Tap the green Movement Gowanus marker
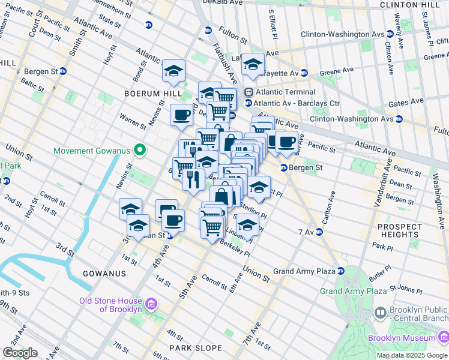tap(140, 150)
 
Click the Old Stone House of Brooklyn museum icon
tap(151, 304)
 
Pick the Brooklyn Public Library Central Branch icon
tap(380, 312)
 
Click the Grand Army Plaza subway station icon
tap(341, 271)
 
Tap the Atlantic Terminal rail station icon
tap(249, 92)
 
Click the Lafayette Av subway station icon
tap(304, 73)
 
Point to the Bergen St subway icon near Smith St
tap(62, 71)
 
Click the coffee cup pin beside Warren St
tap(181, 115)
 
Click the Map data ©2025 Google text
tap(412, 355)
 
